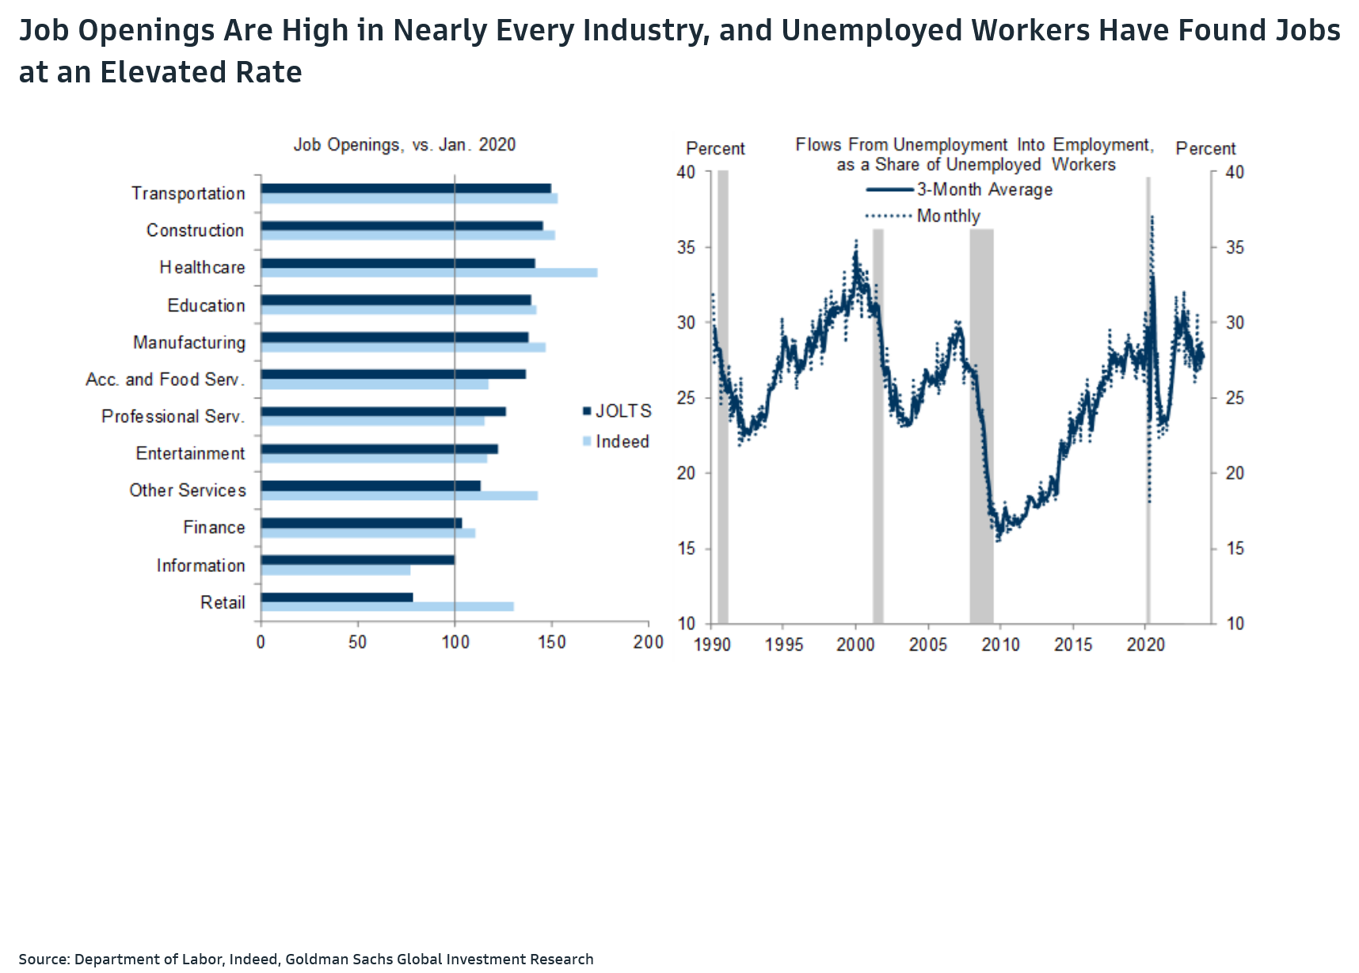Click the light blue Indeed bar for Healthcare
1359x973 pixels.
(428, 273)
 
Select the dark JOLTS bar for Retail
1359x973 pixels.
(337, 597)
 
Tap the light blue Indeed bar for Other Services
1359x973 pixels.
(399, 496)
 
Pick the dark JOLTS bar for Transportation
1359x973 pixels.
(405, 189)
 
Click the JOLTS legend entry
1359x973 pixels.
(617, 411)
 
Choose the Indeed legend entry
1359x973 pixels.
(616, 441)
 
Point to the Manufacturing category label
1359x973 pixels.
(189, 342)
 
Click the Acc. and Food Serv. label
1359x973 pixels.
(166, 380)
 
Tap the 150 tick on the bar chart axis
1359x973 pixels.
(552, 642)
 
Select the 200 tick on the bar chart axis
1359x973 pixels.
(648, 642)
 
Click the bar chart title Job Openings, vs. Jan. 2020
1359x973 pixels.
(404, 145)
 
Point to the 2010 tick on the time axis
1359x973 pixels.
(1000, 644)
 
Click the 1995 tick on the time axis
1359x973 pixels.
(783, 644)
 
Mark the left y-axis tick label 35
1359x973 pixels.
(686, 247)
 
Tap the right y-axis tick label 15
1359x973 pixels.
(1234, 548)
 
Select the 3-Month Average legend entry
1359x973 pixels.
(960, 189)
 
